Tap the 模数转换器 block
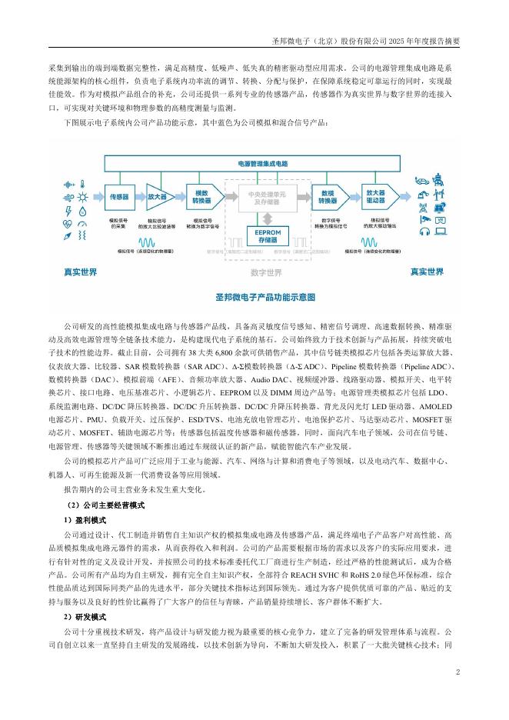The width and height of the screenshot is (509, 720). (x=202, y=196)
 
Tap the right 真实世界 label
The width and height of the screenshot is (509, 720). (x=425, y=272)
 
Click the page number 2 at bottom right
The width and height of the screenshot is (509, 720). (x=457, y=672)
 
